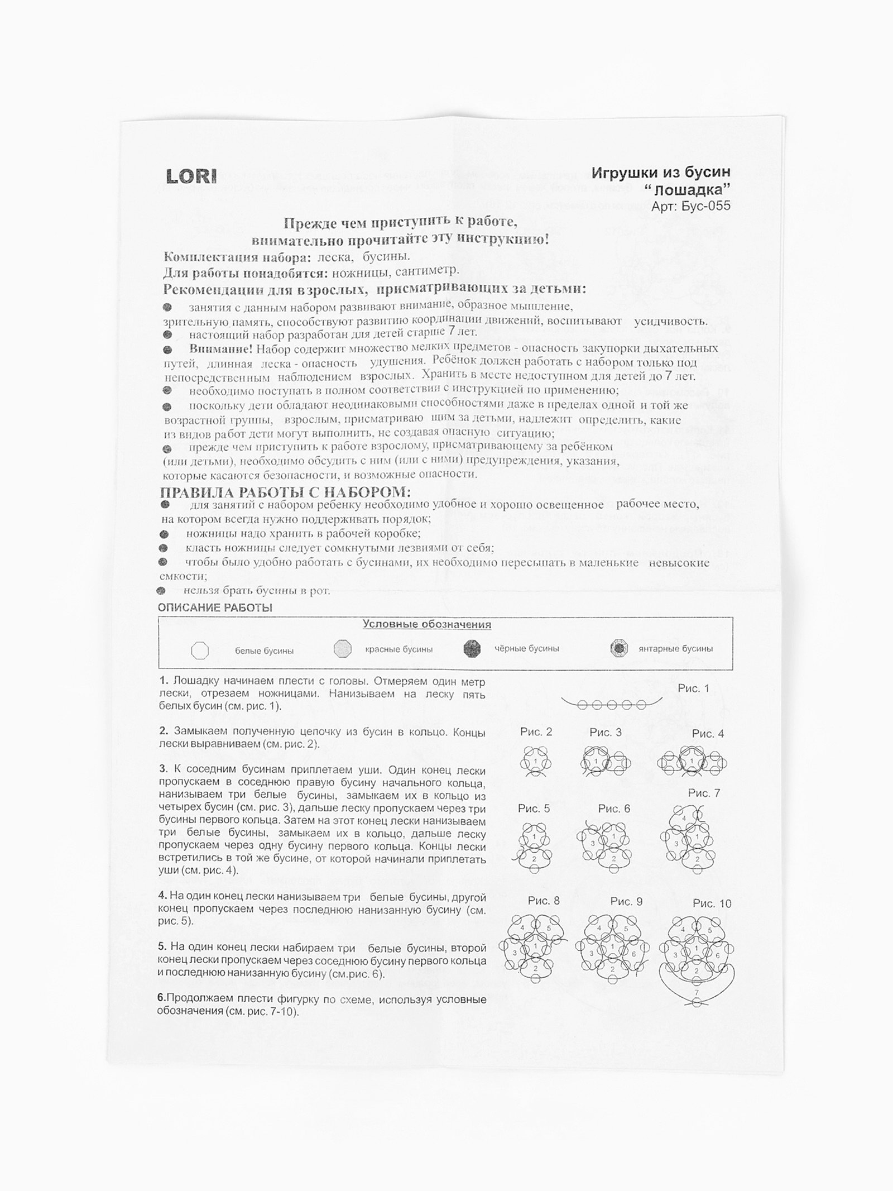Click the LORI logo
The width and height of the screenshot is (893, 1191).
(x=191, y=176)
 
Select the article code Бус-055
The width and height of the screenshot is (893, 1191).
(x=706, y=206)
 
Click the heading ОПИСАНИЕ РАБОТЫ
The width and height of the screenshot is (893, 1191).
(x=215, y=608)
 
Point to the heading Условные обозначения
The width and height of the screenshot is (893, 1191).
(x=427, y=625)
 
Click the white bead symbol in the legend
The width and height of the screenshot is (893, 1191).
(x=199, y=650)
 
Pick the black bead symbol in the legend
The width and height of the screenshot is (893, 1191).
(x=472, y=648)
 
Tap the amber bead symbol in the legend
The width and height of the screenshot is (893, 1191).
(x=619, y=649)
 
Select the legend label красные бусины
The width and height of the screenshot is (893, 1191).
(x=399, y=649)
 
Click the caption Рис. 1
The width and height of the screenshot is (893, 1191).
(x=693, y=688)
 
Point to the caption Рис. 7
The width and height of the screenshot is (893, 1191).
(x=704, y=793)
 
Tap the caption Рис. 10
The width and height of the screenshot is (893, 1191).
(x=712, y=903)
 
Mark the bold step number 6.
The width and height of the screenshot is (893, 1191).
(x=161, y=999)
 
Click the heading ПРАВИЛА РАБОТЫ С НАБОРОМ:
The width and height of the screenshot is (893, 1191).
(x=285, y=492)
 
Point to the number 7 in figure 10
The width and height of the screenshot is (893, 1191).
(x=696, y=991)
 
